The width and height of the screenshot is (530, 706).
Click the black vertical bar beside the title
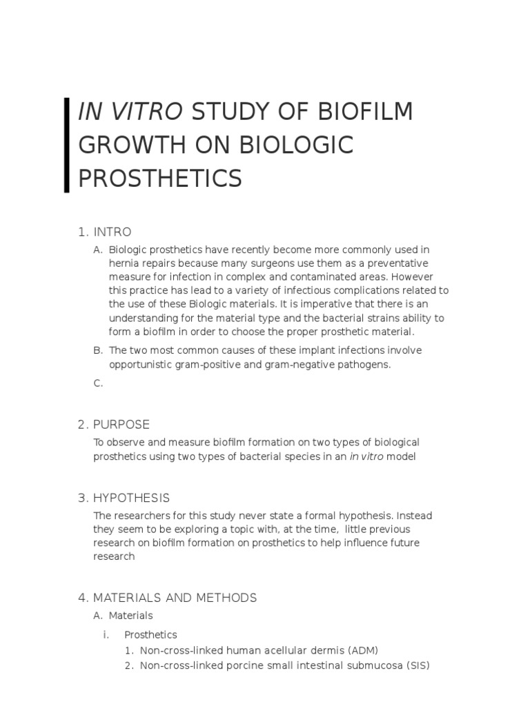[66, 145]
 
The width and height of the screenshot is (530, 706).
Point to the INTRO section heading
[112, 232]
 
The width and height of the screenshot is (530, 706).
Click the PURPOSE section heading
[121, 424]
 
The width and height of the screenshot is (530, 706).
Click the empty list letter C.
[98, 384]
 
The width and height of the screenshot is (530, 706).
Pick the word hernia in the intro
[123, 263]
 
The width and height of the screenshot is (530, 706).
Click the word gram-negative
[300, 364]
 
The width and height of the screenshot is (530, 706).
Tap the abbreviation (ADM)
[363, 650]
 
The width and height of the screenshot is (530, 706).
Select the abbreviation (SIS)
[417, 665]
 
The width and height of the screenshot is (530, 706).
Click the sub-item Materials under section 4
[131, 615]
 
